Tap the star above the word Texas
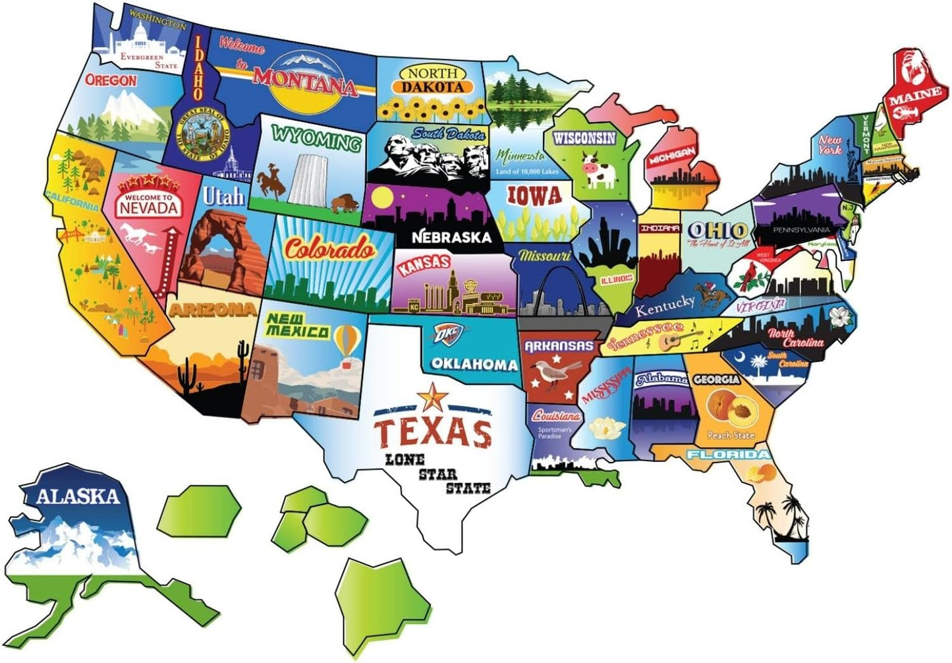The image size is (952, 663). coord(432,397)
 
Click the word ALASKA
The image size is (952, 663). coord(78,496)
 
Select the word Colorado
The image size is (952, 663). coord(329,249)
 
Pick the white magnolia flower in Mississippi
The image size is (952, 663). coord(607,429)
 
